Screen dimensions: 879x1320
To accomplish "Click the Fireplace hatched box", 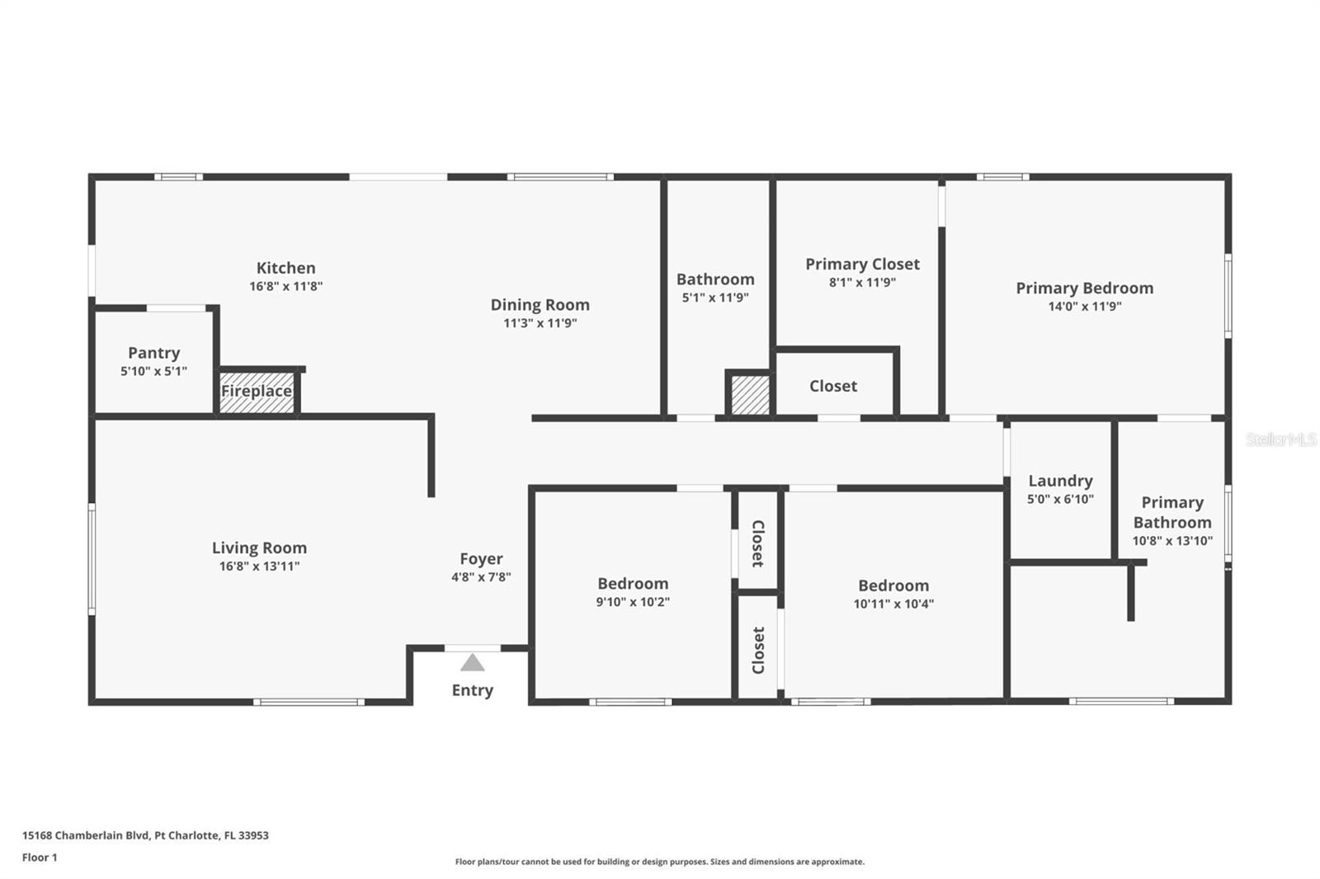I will click(x=257, y=392).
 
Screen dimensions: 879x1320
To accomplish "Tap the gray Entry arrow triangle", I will click(x=472, y=663).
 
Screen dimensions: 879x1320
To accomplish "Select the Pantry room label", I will click(x=153, y=353).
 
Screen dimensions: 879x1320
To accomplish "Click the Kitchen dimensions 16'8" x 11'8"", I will click(x=285, y=286).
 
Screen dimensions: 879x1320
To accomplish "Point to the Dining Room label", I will click(x=540, y=305).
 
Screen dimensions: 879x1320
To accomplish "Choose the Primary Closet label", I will click(x=862, y=264).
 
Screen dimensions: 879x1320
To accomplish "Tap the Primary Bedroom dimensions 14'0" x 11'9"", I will click(x=1084, y=306).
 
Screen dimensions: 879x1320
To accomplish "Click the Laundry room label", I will click(x=1060, y=481).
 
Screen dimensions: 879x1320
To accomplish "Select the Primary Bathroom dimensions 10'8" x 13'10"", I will click(x=1171, y=541).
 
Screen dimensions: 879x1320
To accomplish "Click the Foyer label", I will click(x=481, y=559).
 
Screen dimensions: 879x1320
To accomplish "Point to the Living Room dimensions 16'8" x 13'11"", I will click(x=259, y=566).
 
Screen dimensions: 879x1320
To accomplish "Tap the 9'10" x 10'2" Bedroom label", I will click(x=633, y=584).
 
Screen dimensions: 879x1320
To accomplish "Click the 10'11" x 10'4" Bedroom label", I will click(x=893, y=585).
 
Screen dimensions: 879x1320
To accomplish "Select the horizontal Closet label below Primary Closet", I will click(x=832, y=386).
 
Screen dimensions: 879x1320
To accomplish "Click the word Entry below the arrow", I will click(x=472, y=690).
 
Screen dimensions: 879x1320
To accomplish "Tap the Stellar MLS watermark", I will click(x=1280, y=439).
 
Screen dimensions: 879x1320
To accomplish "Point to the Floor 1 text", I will click(x=40, y=857).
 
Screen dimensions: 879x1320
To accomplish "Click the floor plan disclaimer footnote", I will click(x=660, y=862).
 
